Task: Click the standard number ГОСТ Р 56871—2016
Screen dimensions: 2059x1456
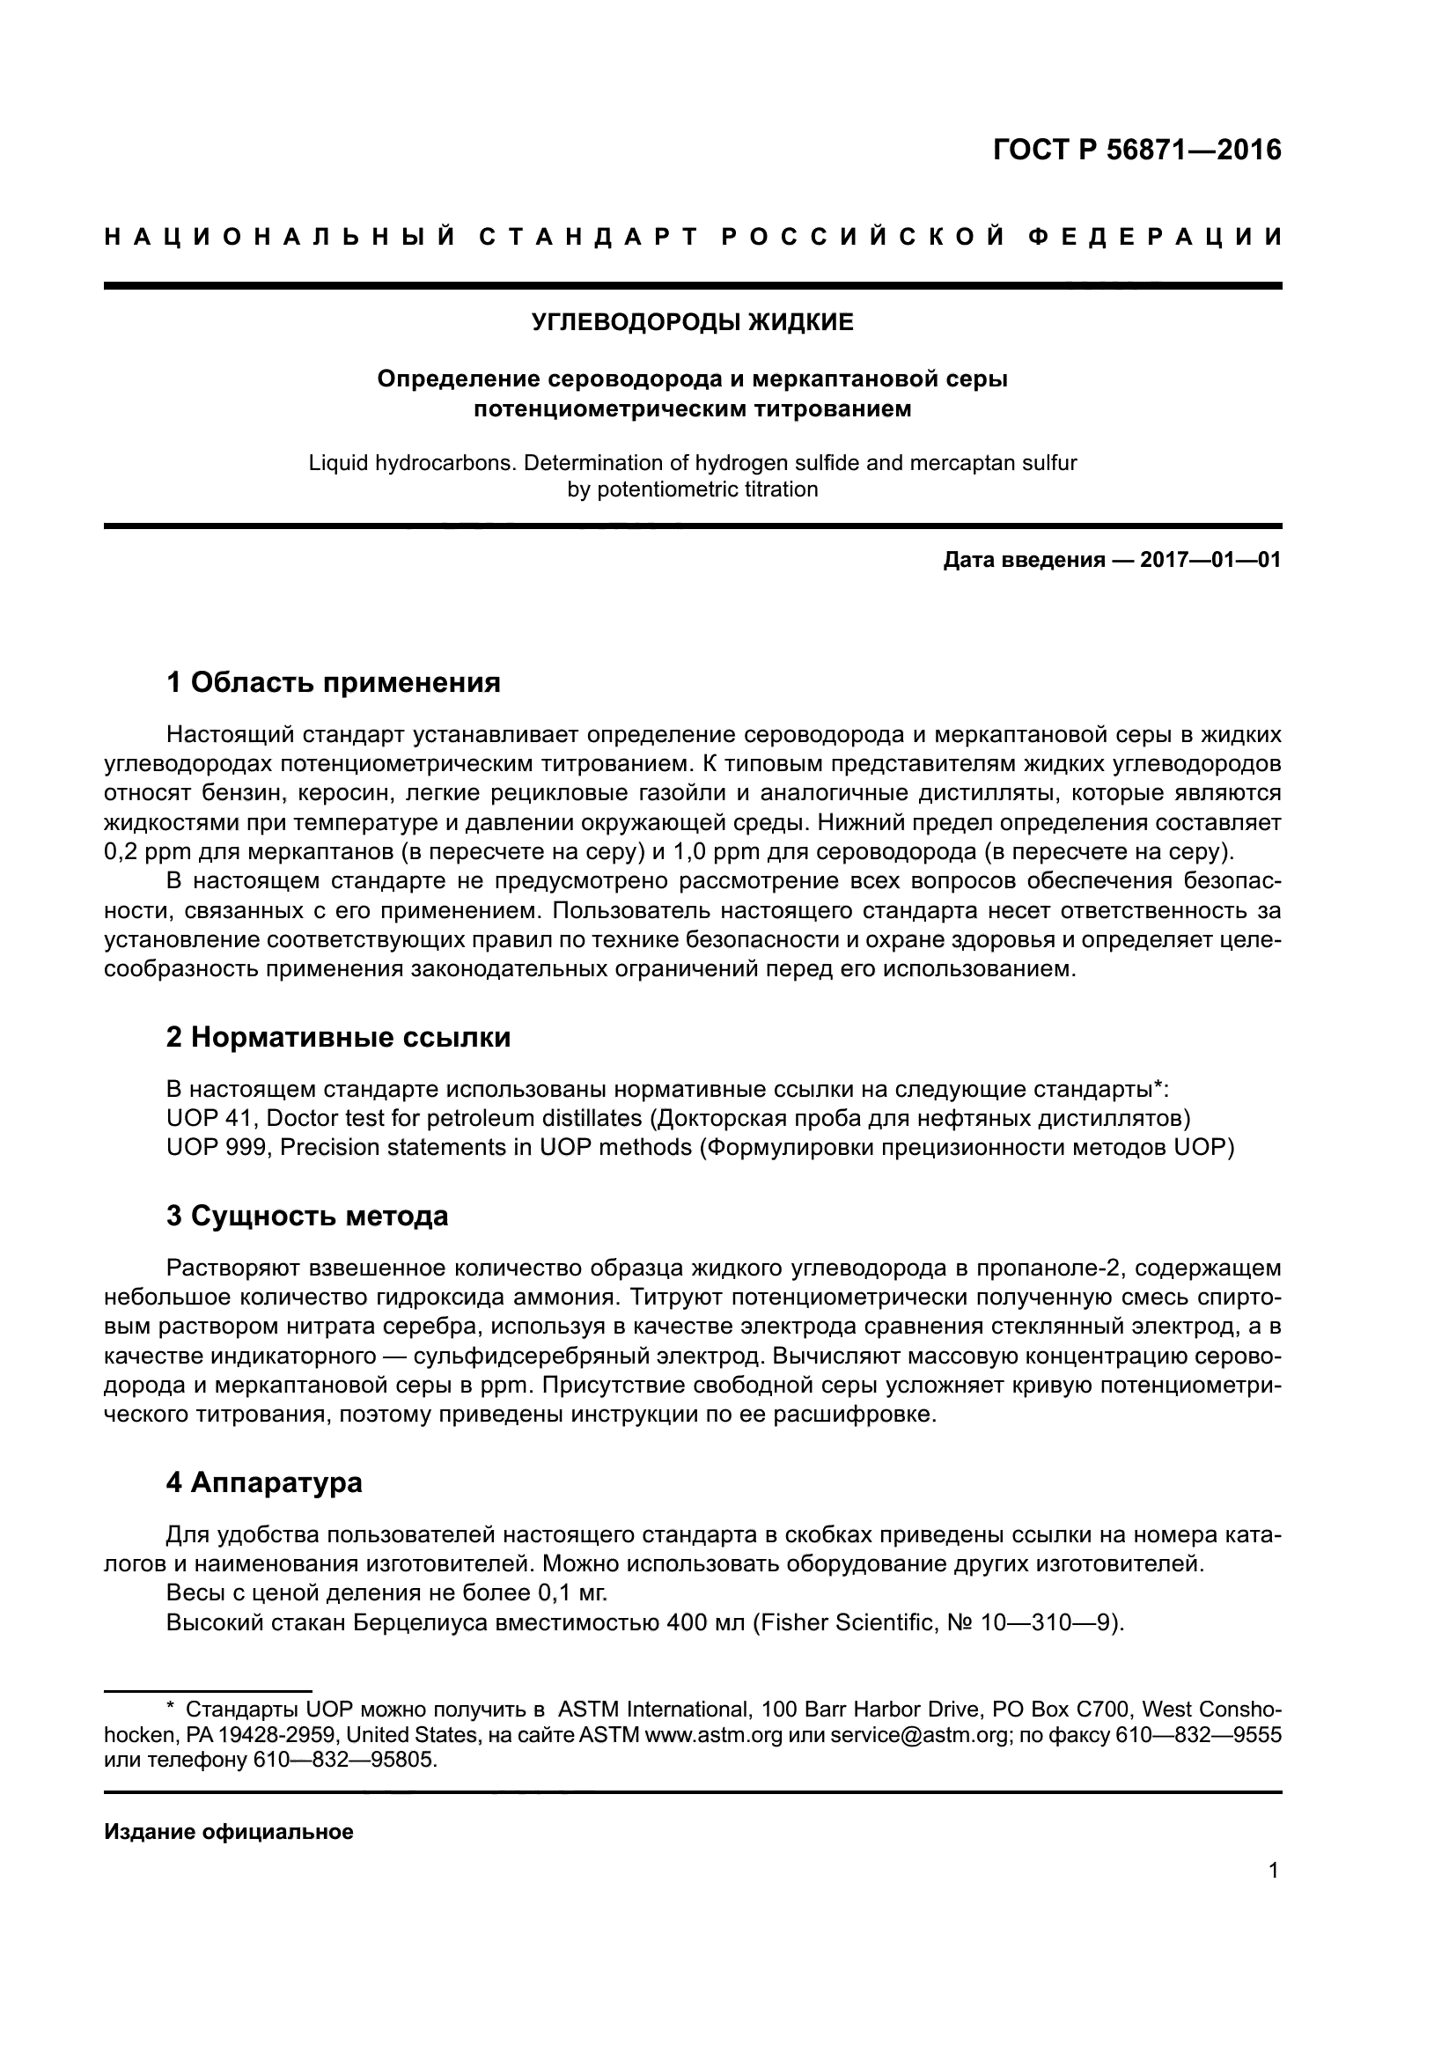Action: click(x=1136, y=150)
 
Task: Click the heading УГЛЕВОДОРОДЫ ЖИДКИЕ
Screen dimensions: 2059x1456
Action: click(x=692, y=323)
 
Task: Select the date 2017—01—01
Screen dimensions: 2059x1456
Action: click(x=1210, y=561)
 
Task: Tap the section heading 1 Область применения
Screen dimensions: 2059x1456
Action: click(x=333, y=682)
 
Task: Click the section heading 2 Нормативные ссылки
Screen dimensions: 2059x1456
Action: click(x=338, y=1038)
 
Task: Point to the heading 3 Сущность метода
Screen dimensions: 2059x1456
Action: click(x=306, y=1216)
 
